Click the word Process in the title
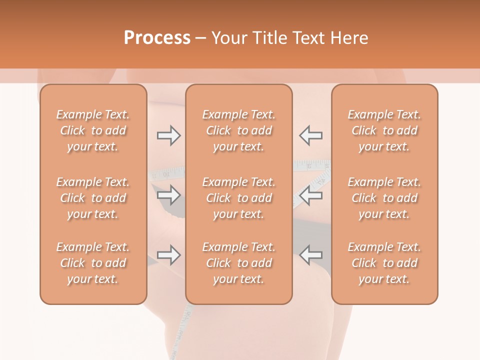(x=157, y=38)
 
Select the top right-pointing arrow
(x=168, y=135)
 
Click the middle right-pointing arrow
(x=168, y=195)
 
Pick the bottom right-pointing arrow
(x=168, y=255)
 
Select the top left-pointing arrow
(x=310, y=135)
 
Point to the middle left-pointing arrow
(x=310, y=195)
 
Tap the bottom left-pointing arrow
(x=310, y=255)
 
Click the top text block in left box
(x=93, y=130)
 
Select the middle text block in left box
(x=93, y=198)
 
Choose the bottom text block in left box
(x=93, y=263)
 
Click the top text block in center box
(x=239, y=130)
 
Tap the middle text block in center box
(x=239, y=198)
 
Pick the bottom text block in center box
(x=239, y=263)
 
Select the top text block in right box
(x=384, y=130)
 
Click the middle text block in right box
(x=384, y=198)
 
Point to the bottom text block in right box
(x=384, y=263)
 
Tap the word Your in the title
(x=229, y=38)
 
